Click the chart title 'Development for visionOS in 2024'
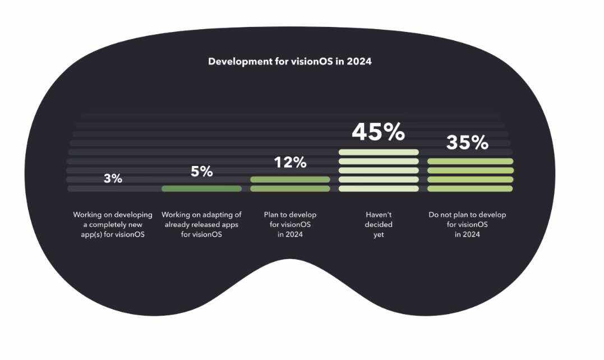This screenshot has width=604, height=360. point(289,61)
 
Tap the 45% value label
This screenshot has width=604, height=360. point(378,132)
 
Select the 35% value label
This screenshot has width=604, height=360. point(467,142)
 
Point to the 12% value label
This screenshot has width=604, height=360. point(290,163)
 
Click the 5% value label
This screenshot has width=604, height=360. point(201,172)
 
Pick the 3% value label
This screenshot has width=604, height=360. point(113,178)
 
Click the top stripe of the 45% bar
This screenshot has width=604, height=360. point(379,152)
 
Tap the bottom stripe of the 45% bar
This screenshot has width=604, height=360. point(379,188)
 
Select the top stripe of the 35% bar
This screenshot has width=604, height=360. point(470,161)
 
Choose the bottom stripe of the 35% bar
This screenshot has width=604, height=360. point(470,188)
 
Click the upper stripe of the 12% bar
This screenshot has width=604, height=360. point(290,179)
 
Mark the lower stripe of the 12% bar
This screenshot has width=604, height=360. point(290,188)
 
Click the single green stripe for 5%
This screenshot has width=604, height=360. point(201,188)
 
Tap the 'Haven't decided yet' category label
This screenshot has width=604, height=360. point(379,224)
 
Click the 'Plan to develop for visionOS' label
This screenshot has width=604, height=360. point(290,224)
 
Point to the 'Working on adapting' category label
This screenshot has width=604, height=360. point(201,224)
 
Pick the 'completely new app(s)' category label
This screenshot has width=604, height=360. point(113,224)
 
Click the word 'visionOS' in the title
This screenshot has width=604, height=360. point(312,61)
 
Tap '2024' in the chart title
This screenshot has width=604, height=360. point(359,61)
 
